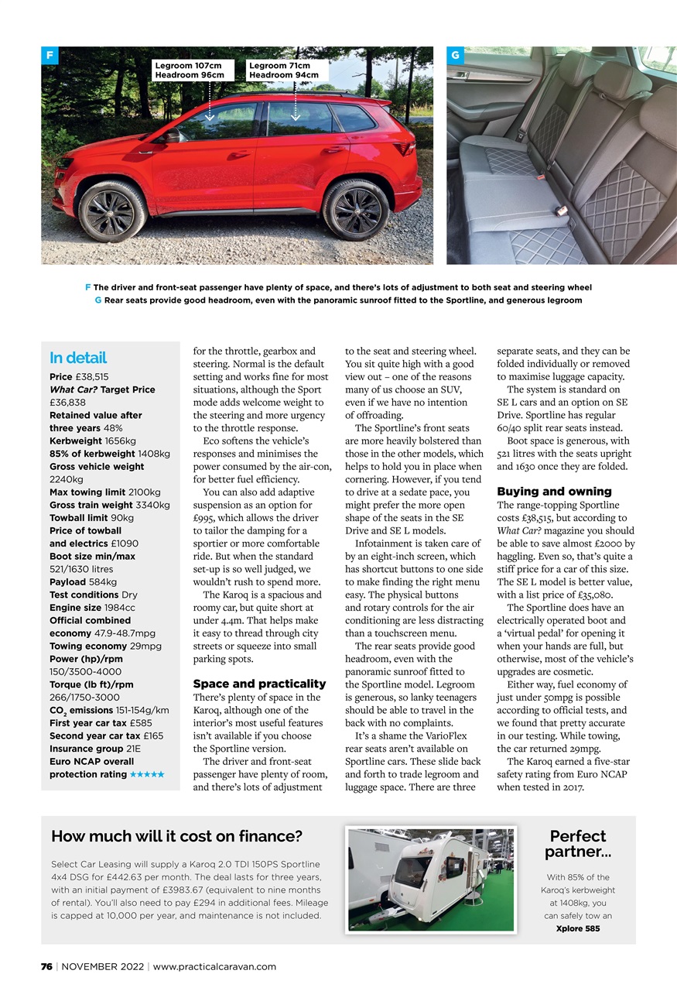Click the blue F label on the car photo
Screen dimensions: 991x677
tap(50, 56)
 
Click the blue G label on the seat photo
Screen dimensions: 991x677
tap(455, 56)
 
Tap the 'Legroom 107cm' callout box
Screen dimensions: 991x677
tap(190, 70)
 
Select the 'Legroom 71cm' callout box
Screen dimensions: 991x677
tap(283, 70)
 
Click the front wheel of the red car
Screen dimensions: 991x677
tap(111, 211)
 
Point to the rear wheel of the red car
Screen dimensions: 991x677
tap(355, 209)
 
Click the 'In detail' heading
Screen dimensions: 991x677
tap(78, 358)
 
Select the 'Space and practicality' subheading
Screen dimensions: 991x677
tap(259, 684)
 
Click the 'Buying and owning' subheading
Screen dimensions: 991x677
tap(554, 492)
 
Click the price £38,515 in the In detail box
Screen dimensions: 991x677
tap(93, 377)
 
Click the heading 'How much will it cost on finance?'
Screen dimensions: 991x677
tap(176, 836)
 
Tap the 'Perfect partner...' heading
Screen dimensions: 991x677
tap(577, 844)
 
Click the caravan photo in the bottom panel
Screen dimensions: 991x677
tap(431, 880)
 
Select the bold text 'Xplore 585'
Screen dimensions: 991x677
tap(578, 928)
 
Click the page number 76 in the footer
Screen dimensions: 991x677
tap(46, 966)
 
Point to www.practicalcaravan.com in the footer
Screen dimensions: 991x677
tap(214, 966)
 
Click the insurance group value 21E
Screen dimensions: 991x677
tap(135, 749)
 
